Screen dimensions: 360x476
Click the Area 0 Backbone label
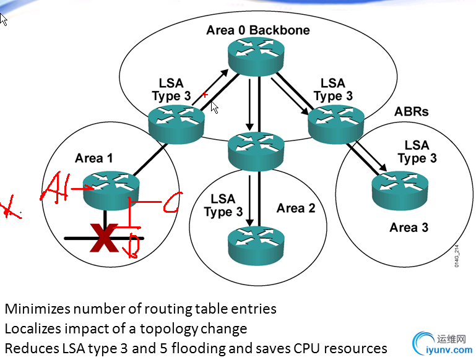coord(258,30)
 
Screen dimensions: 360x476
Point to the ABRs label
coord(412,112)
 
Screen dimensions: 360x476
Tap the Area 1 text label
coord(94,158)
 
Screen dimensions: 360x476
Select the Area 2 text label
coord(296,208)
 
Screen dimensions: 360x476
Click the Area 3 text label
coord(409,227)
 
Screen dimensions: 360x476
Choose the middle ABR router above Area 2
coord(256,149)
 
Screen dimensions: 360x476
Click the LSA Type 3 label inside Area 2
coord(223,205)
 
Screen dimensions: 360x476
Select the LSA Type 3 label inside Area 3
coord(417,152)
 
